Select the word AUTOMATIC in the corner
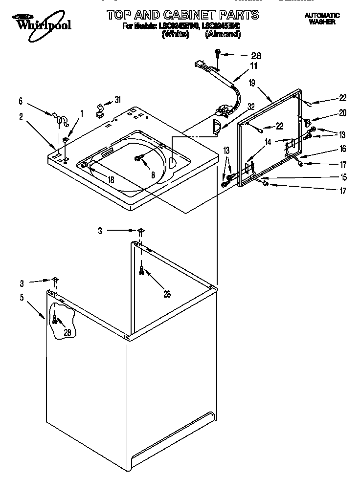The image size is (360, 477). pos(322,16)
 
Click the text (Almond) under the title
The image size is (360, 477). pos(223,34)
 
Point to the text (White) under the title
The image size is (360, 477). pos(175,34)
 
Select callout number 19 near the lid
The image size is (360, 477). pos(252,84)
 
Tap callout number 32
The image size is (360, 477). pos(251,107)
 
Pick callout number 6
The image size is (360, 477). pos(21,101)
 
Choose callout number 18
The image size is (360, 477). pos(111,180)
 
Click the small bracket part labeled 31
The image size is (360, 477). pos(99,108)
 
